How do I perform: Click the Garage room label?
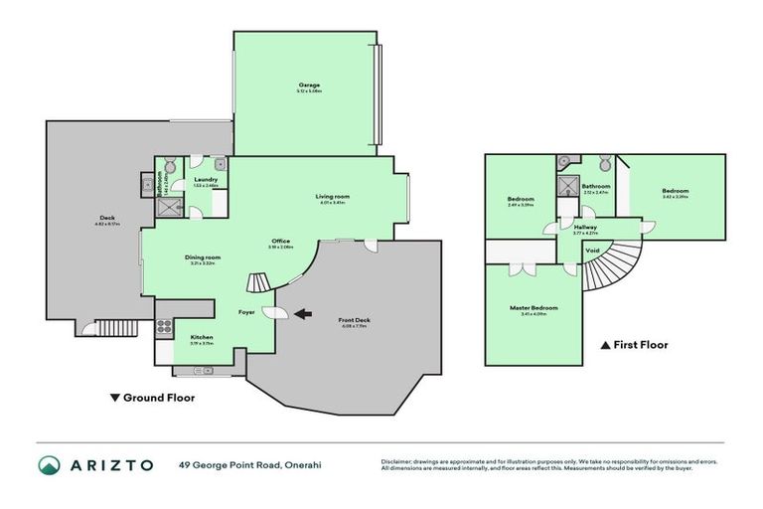click(309, 86)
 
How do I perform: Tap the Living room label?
click(333, 197)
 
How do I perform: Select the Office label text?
click(280, 242)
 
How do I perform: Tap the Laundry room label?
click(206, 181)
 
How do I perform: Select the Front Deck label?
click(354, 321)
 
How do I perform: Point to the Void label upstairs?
click(593, 251)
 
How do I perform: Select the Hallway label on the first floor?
click(585, 228)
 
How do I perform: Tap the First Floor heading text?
click(639, 345)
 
